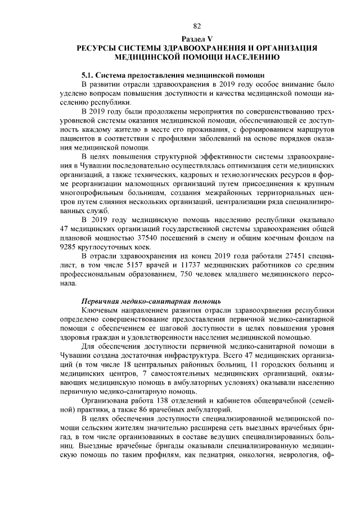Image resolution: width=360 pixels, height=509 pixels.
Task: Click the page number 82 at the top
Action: pyautogui.click(x=197, y=26)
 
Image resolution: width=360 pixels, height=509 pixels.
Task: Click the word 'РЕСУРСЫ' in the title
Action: pyautogui.click(x=100, y=49)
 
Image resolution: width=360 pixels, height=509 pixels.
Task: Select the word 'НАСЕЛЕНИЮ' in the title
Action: pyautogui.click(x=250, y=57)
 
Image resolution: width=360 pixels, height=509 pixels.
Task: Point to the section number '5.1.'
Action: pyautogui.click(x=89, y=75)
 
